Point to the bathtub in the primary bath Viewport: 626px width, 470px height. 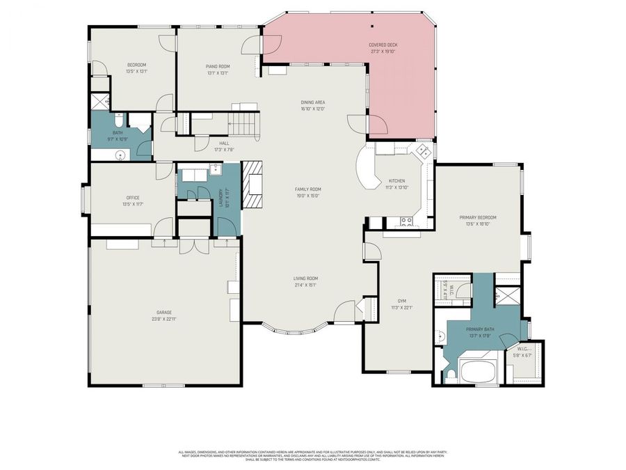(x=476, y=370)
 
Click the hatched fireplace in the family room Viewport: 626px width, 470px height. (x=252, y=185)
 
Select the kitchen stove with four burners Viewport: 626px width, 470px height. (x=406, y=222)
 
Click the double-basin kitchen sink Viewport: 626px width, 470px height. (x=421, y=152)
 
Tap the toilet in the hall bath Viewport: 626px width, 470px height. (x=119, y=119)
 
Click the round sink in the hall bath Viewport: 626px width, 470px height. (x=121, y=155)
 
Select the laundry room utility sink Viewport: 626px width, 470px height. (x=215, y=169)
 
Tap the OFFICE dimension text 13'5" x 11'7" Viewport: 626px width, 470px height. (x=133, y=204)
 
